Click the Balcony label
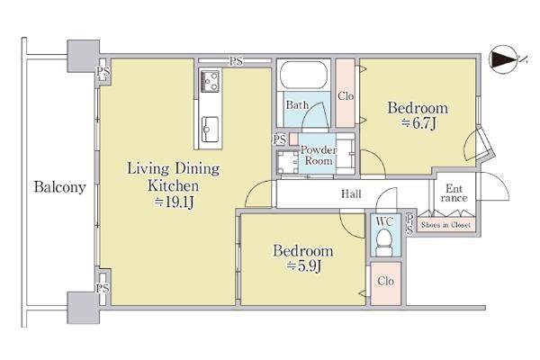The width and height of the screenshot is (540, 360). (x=59, y=188)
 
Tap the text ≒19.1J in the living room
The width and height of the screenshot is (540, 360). (x=174, y=202)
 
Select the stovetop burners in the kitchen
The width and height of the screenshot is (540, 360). (x=210, y=81)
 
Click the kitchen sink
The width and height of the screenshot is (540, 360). (x=210, y=130)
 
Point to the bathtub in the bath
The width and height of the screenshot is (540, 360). (x=303, y=75)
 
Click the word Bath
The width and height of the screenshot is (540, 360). (x=297, y=104)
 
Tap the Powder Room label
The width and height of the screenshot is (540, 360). (x=319, y=156)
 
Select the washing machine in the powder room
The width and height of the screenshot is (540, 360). (x=288, y=162)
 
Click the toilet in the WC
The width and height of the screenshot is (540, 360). (x=385, y=242)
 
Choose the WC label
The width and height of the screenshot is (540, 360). (x=384, y=221)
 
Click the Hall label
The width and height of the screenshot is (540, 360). (x=351, y=194)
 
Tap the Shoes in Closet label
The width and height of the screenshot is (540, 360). (x=445, y=225)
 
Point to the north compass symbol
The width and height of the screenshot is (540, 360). (x=504, y=59)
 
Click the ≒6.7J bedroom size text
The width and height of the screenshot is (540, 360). (x=418, y=123)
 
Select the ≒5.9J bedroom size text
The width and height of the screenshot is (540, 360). (x=304, y=266)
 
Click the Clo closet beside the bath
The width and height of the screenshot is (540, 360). (x=346, y=94)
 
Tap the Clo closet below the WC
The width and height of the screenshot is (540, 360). (x=386, y=283)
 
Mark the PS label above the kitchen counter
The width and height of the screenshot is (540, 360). (x=236, y=61)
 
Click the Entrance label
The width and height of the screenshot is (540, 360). (x=454, y=193)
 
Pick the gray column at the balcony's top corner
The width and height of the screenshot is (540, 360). (x=84, y=56)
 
